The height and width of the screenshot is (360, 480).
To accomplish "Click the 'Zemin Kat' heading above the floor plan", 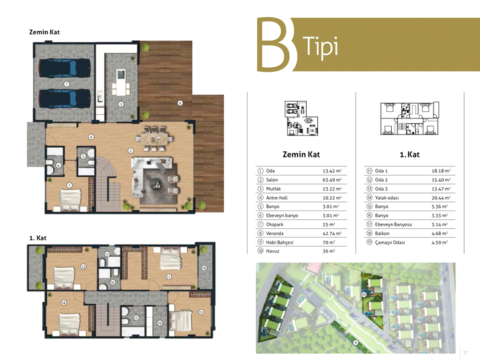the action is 44,32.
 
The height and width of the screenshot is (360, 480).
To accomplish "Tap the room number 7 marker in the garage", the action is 66,84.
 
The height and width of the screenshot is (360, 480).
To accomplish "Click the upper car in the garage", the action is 65,68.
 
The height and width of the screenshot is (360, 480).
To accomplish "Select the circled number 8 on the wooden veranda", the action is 180,103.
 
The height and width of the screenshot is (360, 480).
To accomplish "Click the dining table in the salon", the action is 154,139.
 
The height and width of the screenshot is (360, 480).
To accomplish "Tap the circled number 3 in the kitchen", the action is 121,104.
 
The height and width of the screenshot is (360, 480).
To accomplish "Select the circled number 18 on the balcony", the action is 204,268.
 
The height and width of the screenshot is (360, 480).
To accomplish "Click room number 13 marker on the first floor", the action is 201,312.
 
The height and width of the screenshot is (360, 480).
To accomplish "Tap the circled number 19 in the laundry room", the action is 159,323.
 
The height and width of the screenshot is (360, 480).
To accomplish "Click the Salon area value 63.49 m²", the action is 332,180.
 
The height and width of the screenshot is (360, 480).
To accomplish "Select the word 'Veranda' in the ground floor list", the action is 275,233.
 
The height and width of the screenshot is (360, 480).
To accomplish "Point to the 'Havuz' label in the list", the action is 273,251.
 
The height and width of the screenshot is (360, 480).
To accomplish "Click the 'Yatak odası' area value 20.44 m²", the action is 441,198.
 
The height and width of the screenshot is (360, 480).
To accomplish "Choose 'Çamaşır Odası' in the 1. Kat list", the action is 390,242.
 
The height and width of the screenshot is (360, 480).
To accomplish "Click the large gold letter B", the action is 274,44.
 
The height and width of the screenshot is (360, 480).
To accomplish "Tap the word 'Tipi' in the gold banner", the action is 321,47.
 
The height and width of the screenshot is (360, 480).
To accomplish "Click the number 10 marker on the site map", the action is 364,295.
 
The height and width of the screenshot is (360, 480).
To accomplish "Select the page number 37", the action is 465,353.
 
